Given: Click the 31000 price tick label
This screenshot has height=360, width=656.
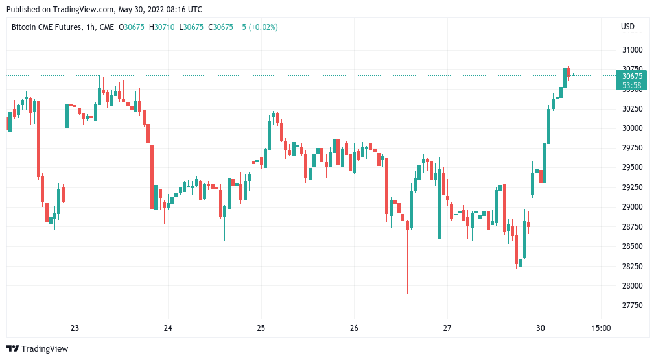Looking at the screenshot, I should coord(631,50).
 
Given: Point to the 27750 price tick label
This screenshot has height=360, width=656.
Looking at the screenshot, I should coord(631,306).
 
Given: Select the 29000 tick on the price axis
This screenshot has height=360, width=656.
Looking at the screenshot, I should coord(631,207).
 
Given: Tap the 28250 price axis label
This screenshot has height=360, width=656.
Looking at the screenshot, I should coord(631,267).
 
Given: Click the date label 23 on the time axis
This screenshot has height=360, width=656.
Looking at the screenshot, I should coord(75,328).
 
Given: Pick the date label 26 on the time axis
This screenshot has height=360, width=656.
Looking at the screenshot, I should coord(354,328).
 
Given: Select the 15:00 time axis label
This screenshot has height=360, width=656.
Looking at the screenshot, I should coord(601,328).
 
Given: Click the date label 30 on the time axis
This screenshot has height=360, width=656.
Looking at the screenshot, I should coord(540,328).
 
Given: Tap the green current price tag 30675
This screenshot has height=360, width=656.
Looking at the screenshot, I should coord(631,76).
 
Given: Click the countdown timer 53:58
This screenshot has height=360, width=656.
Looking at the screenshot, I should coord(631,85).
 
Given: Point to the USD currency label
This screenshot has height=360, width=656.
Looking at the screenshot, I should coord(627,27).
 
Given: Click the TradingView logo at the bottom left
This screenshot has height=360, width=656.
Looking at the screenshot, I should coord(37,349).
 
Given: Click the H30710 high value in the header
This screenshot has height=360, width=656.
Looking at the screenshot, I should coord(161,27).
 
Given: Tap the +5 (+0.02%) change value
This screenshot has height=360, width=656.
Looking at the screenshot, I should coord(257,27).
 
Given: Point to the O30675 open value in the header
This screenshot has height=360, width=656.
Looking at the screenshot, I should coord(132,27).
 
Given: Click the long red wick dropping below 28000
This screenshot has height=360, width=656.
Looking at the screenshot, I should coord(408,272).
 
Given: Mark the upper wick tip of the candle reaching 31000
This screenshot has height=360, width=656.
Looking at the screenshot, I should coord(565,49).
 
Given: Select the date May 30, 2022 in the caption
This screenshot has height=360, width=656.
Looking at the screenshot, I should coord(139,10).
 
